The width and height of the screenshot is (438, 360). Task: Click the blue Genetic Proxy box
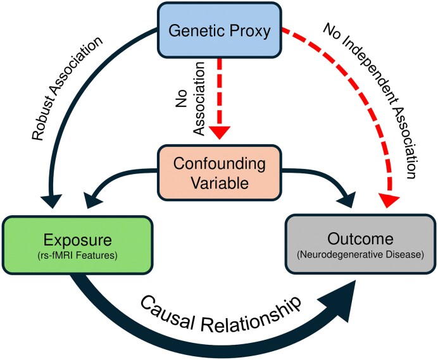pos(220,30)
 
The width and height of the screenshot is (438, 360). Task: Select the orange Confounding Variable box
pos(220,173)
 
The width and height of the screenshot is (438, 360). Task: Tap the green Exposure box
pos(78,245)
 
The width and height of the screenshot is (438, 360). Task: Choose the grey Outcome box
pos(360,244)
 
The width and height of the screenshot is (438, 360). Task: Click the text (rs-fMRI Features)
pos(77,255)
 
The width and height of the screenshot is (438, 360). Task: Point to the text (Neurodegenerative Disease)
pos(360,254)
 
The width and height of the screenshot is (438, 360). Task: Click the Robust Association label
pos(67,88)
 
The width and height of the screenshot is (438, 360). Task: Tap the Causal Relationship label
pos(222,314)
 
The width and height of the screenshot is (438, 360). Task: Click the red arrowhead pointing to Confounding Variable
pos(220,132)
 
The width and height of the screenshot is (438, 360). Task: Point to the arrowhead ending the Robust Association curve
pos(51,201)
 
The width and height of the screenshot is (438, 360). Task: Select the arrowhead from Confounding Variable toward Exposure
pos(93,201)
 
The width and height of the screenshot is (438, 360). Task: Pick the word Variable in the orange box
pos(220,183)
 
